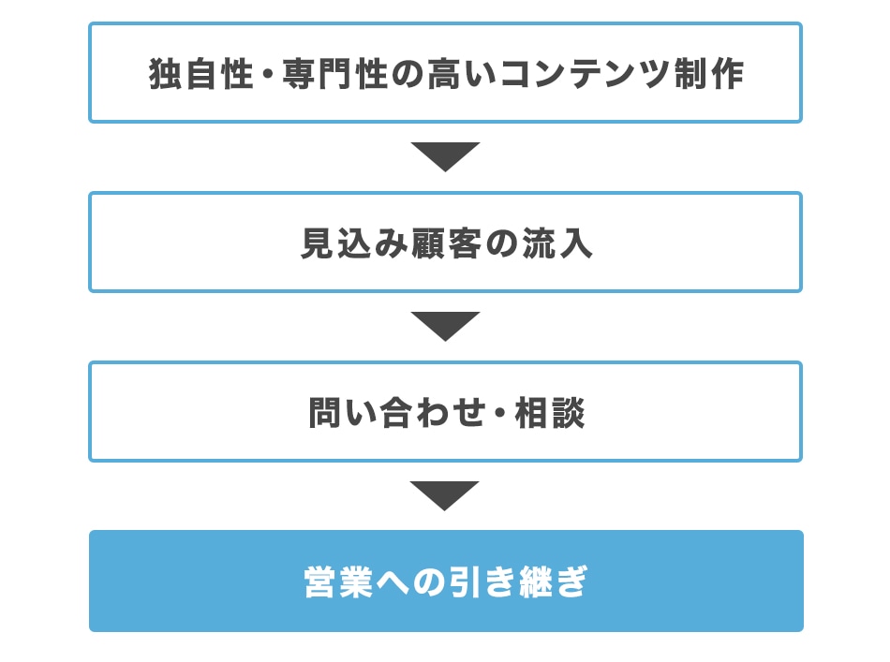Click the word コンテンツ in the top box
(586, 74)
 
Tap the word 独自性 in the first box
(200, 74)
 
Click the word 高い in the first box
(462, 74)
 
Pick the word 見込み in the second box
(354, 243)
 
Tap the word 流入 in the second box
(557, 243)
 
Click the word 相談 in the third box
(550, 412)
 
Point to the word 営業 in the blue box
(339, 582)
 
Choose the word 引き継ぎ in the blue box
(518, 582)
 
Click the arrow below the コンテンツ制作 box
(446, 156)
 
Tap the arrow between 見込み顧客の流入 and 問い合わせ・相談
(446, 326)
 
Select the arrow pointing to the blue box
(445, 495)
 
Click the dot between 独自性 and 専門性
(268, 75)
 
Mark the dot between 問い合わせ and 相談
(500, 413)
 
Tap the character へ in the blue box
(393, 583)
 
